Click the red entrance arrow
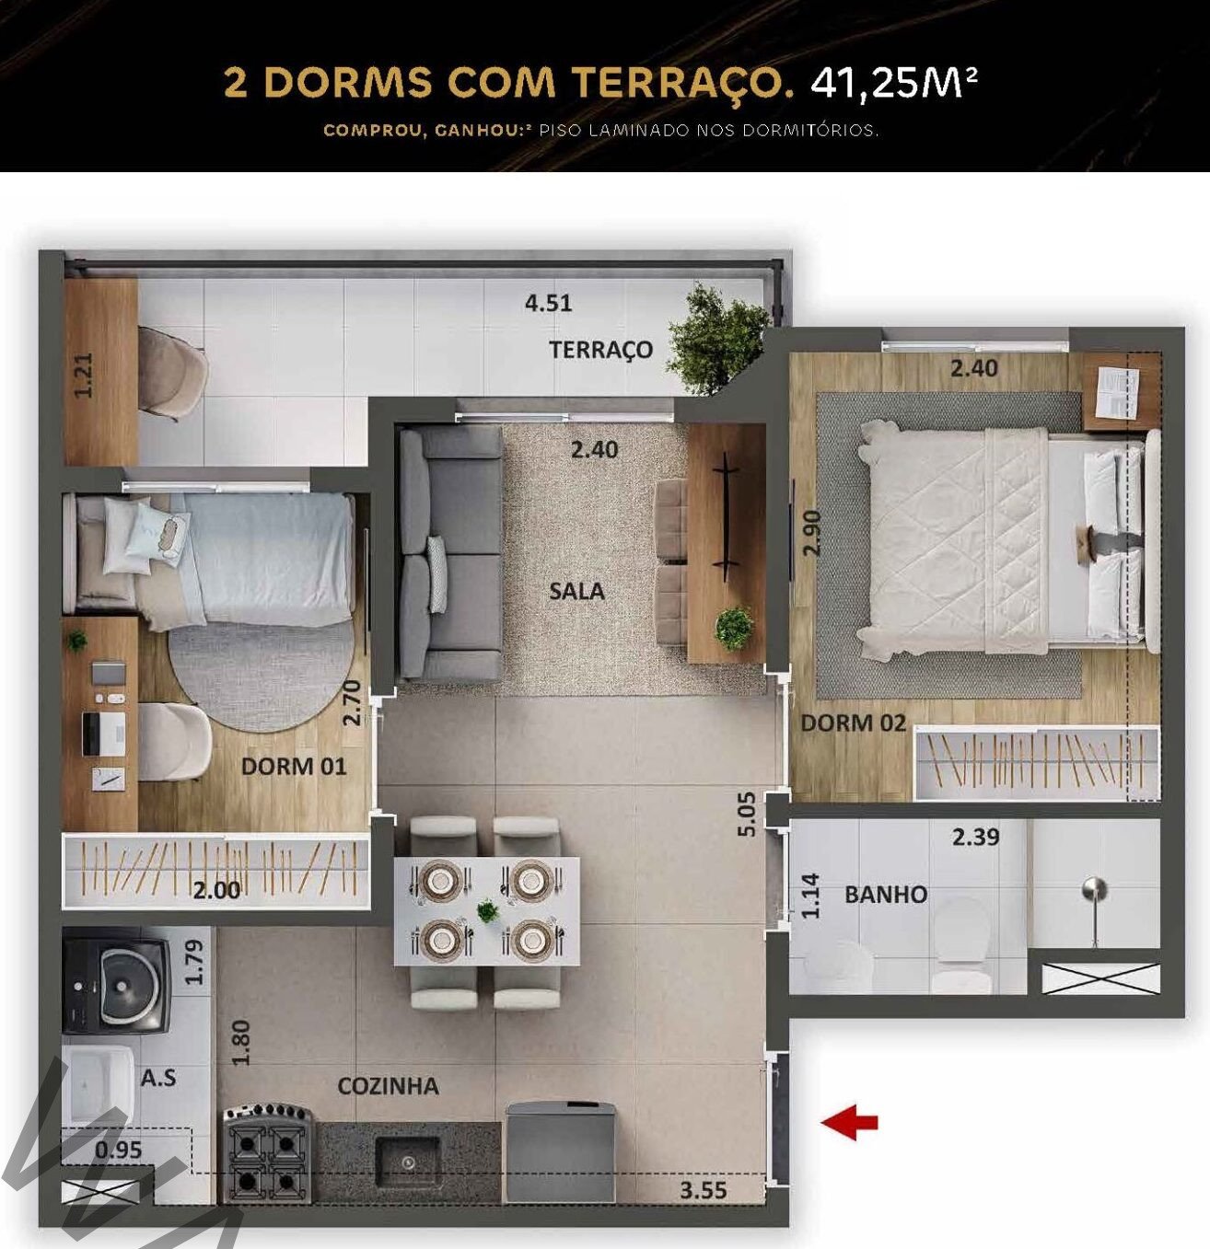pos(849,1122)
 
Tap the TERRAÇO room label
pos(600,350)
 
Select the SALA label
pos(576,591)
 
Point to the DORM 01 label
pos(294,766)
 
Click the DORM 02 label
pos(853,723)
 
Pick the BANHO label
pos(886,894)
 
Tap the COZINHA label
pos(388,1086)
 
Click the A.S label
pos(158,1078)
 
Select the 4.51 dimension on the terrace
pos(548,303)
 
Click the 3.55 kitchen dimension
pos(704,1173)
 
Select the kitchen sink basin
pos(408,1162)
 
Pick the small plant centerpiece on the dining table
pos(488,911)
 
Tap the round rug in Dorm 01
pos(261,677)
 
